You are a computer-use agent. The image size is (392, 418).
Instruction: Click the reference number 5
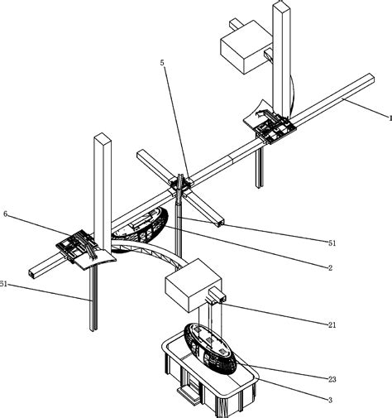coord(162,63)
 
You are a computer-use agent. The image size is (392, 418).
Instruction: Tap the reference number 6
coord(6,214)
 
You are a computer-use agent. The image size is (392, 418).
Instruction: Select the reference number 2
coord(330,267)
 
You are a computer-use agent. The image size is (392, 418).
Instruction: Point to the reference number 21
coord(332,324)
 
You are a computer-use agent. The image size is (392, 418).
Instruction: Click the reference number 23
coord(332,379)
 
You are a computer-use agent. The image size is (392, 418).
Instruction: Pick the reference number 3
coord(330,400)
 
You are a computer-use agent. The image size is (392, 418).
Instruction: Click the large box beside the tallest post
coord(246,46)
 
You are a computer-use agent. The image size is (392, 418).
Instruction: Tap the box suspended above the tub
coord(193,285)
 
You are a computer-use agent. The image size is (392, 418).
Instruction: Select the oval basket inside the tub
coord(210,348)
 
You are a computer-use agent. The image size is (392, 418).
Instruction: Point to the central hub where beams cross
coord(180,185)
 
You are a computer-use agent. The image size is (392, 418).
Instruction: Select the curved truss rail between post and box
coord(149,251)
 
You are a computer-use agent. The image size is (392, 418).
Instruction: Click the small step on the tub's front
coord(188,392)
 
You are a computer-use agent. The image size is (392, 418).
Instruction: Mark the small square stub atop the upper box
coord(235,23)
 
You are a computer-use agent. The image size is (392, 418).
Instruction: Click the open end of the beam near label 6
coord(31,273)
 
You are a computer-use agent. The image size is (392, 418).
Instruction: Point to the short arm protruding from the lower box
coord(217,295)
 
